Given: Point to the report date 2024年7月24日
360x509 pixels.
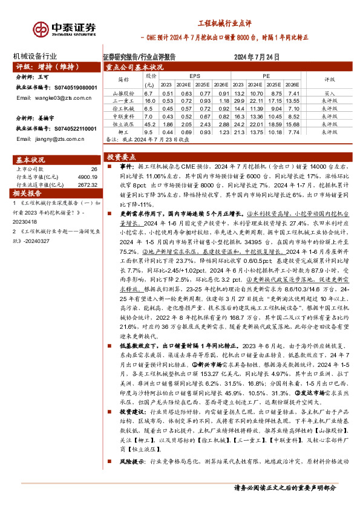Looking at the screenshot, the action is pos(257,57).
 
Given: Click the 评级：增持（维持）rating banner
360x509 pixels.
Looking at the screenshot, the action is pos(42,66).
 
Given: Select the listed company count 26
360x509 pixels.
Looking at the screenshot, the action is pos(93,170).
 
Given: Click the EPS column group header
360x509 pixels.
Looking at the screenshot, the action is pos(194,76).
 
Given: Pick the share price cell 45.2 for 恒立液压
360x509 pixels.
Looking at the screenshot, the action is pos(148,123).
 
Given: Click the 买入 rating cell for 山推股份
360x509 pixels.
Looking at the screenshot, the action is pos(330,94).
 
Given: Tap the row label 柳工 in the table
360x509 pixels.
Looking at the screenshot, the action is pos(123,131).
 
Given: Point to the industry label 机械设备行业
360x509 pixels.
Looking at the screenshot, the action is pos(38,56).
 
